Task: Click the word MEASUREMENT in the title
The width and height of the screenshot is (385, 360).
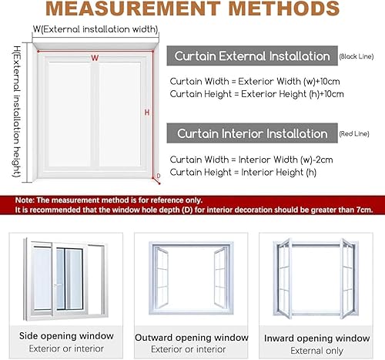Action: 133,8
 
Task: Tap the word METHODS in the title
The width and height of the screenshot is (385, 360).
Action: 284,8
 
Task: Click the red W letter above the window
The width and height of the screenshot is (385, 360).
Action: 95,58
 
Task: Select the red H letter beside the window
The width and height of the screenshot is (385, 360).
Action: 147,113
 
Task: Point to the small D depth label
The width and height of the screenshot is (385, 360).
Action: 159,176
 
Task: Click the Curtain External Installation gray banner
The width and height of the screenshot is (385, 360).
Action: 252,56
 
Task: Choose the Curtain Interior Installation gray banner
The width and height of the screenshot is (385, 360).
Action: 252,133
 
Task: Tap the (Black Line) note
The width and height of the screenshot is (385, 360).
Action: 357,56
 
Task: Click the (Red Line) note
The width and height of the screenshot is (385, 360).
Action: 354,133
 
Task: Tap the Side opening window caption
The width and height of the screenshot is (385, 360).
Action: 66,336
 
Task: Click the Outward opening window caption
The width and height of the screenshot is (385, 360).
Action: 192,338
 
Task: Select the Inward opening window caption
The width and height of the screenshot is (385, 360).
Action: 317,338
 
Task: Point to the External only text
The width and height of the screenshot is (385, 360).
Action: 316,351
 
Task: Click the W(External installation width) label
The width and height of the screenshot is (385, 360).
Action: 95,29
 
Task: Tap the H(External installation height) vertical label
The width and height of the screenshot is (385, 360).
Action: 17,112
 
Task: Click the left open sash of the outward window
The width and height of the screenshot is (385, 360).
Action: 161,278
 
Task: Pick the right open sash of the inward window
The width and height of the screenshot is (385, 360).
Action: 347,279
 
